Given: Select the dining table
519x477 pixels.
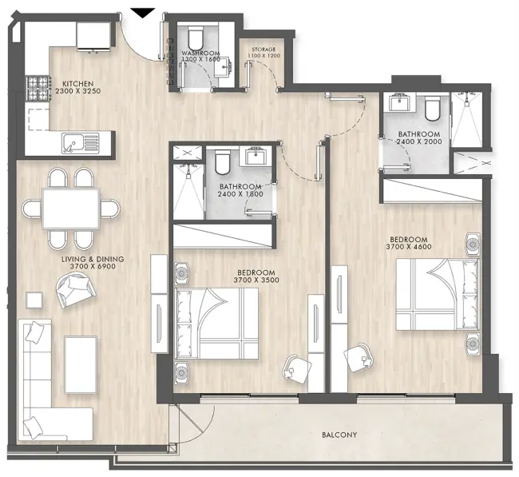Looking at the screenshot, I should click(x=71, y=209).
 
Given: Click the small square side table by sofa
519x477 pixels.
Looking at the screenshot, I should click(x=34, y=300).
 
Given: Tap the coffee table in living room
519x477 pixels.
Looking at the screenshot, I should click(x=81, y=358).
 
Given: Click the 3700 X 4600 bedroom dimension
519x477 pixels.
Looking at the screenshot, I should click(x=409, y=248).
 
